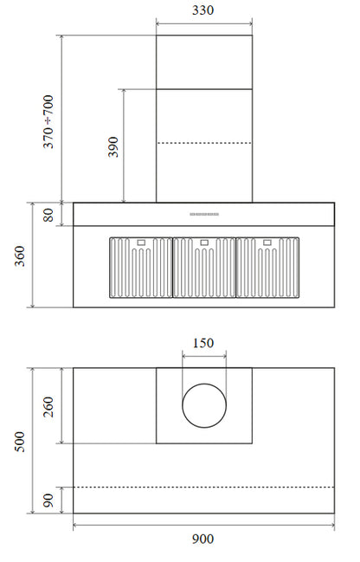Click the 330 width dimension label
coord(203,10)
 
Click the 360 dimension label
coord(19,255)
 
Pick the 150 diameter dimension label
coord(202,343)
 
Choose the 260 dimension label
coord(48,406)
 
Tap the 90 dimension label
coord(48,500)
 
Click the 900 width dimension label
coord(202,539)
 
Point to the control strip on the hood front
coord(204,213)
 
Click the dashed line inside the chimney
coord(203,143)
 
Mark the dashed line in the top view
coord(203,487)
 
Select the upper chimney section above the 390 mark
coord(203,61)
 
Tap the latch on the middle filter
coord(203,242)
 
